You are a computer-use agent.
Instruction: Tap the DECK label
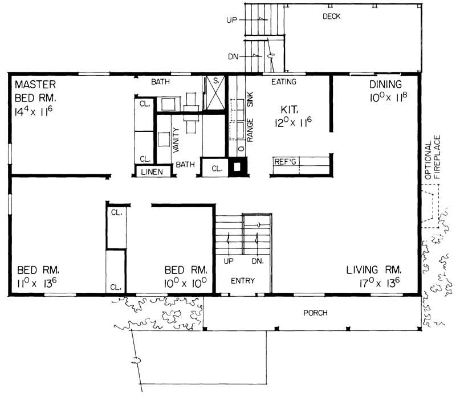click(x=331, y=17)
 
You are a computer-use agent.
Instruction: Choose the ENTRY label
click(x=242, y=281)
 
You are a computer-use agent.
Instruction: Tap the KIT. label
click(x=291, y=108)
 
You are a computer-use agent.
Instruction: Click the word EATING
click(x=283, y=82)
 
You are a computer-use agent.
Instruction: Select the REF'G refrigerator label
click(x=286, y=161)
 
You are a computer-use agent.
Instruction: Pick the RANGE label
click(x=250, y=131)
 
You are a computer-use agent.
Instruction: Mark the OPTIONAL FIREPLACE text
click(x=434, y=159)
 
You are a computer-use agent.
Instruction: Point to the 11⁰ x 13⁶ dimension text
click(x=37, y=283)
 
